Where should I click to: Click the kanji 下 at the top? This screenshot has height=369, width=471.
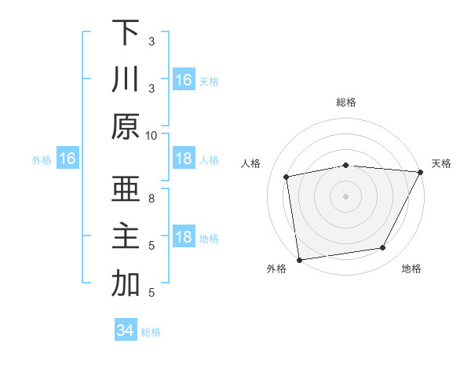[x=126, y=34]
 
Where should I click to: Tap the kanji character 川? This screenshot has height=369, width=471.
[x=126, y=80]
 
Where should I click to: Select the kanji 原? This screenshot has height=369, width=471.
[x=126, y=127]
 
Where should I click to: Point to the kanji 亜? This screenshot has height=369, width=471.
[x=126, y=191]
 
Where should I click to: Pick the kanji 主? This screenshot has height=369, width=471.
[x=126, y=238]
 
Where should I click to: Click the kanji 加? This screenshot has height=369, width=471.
[x=126, y=285]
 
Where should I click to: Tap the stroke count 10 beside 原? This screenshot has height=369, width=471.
[x=152, y=135]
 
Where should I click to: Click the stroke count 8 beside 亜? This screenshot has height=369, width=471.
[x=152, y=199]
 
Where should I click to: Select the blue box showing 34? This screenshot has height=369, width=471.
[x=125, y=331]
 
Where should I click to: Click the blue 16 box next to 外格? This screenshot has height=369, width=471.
[x=68, y=159]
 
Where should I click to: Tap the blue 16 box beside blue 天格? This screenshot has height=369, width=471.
[x=184, y=79]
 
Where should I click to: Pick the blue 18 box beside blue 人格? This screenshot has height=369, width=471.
[x=184, y=159]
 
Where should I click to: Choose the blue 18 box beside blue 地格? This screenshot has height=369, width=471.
[x=184, y=238]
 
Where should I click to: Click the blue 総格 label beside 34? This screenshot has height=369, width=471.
[x=151, y=332]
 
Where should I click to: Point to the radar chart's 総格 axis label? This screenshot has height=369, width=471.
[x=346, y=102]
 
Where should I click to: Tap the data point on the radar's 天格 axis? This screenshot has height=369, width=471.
[x=420, y=172]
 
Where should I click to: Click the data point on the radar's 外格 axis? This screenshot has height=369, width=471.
[x=299, y=259]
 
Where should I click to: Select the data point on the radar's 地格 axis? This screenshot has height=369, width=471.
[x=383, y=248]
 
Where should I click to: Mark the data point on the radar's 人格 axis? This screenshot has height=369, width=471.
[x=287, y=177]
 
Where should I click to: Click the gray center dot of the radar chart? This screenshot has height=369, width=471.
[x=346, y=195]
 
